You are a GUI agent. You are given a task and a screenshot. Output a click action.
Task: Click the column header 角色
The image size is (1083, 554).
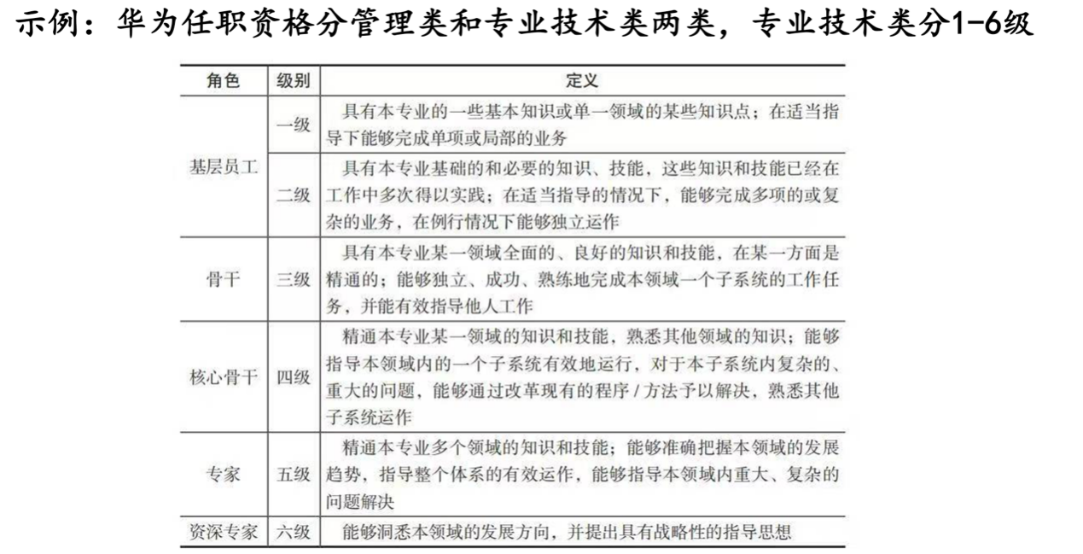224,81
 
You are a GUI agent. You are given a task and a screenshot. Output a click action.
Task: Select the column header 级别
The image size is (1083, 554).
293,81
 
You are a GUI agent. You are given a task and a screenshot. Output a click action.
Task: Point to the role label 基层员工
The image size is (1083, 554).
224,167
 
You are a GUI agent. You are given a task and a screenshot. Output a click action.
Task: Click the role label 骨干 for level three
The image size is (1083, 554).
224,279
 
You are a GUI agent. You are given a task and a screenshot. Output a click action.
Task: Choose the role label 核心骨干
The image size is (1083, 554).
224,377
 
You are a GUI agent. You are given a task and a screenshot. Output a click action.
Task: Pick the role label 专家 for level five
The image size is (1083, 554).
224,475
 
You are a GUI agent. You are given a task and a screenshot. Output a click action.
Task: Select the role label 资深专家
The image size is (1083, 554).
224,532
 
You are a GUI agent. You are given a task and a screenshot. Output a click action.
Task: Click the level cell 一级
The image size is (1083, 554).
293,124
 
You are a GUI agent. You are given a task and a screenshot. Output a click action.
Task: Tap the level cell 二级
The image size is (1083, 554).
293,195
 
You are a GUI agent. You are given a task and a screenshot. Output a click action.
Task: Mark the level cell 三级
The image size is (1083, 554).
293,279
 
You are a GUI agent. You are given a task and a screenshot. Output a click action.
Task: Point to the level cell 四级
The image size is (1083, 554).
293,377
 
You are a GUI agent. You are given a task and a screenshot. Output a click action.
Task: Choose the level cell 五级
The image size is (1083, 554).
293,475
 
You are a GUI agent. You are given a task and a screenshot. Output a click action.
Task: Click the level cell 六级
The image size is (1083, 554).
293,532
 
